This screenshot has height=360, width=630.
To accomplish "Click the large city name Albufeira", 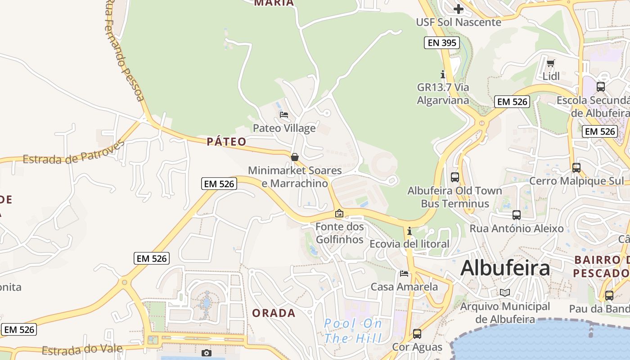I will [505, 268].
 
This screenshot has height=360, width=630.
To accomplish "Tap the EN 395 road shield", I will [441, 43].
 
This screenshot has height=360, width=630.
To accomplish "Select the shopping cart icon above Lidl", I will [550, 63].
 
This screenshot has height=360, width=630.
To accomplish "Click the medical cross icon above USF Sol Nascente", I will [458, 9].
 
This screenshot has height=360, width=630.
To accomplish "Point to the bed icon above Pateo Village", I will [284, 115].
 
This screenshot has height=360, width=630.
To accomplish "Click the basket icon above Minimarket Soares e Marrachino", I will [295, 157].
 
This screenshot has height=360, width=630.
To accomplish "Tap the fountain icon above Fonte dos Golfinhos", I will [339, 213].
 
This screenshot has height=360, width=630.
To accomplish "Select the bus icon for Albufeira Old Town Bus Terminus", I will [455, 177].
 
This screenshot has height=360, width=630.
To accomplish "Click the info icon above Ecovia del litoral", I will [409, 231].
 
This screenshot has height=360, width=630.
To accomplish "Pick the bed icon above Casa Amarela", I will [404, 274].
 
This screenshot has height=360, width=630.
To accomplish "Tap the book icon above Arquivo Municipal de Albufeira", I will [505, 292].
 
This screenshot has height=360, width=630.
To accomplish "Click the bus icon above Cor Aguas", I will [417, 334].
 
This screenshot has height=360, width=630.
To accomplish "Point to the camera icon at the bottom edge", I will [207, 353].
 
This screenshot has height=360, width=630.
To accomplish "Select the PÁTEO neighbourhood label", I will [227, 142].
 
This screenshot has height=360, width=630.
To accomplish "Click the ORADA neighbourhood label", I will [274, 313].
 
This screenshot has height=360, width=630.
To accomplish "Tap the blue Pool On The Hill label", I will [353, 331].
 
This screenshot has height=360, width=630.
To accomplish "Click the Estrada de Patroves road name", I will [73, 153].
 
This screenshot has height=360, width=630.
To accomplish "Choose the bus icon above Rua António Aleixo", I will [516, 215].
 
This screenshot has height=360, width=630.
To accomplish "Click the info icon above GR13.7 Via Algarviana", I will [443, 74].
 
